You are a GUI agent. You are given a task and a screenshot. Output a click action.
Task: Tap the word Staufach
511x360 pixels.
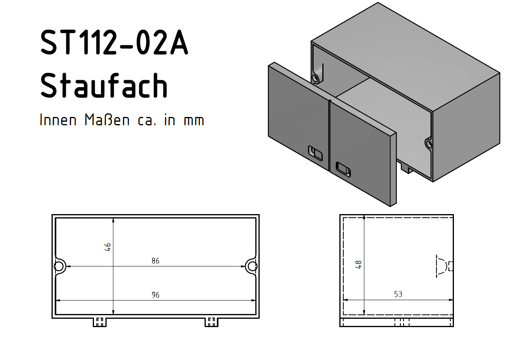click(x=104, y=85)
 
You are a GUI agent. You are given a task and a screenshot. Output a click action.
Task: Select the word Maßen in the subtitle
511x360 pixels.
click(x=107, y=120)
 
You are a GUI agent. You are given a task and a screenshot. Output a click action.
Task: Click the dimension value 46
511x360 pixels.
click(x=108, y=247)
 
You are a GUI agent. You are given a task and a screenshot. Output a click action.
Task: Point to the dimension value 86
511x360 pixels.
click(x=155, y=261)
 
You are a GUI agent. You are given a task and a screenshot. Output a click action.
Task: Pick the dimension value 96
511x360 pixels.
click(x=155, y=295)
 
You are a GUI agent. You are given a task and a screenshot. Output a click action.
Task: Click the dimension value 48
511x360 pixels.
click(x=358, y=264)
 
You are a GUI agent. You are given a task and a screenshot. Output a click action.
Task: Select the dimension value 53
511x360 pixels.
click(x=398, y=294)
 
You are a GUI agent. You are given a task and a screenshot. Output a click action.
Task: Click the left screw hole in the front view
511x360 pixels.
click(x=59, y=266)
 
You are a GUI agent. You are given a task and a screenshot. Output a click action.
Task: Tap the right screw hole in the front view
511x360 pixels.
click(x=252, y=266)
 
